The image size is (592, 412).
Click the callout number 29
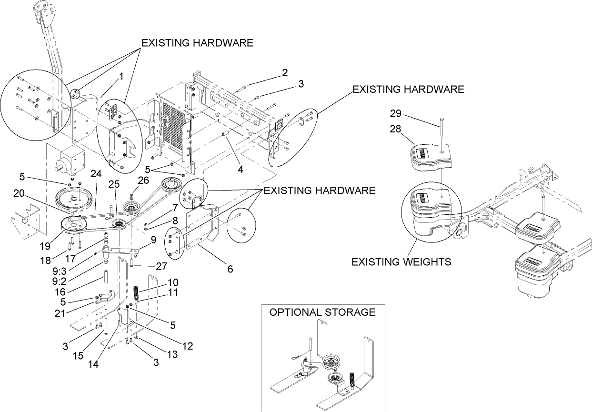coord(395,114)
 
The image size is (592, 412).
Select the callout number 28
coord(395,129)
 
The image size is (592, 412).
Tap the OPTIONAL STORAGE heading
coord(322,312)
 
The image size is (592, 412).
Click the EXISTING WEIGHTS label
coord(401,261)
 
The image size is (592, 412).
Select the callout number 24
coord(96,175)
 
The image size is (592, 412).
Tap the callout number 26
coord(143,180)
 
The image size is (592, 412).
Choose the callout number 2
coord(284,73)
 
